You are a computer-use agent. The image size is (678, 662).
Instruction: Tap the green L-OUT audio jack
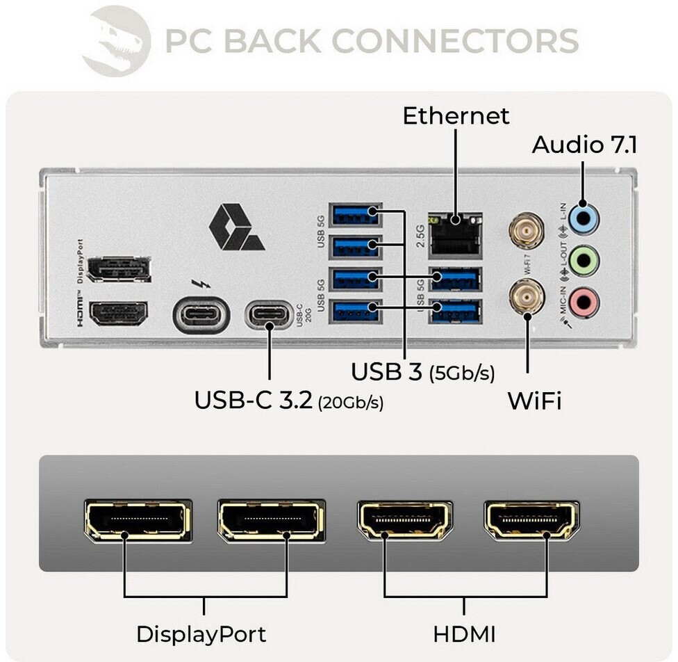(583, 261)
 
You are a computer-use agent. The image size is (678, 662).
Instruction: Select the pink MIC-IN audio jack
(583, 302)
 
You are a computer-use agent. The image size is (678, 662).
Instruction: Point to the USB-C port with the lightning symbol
(201, 314)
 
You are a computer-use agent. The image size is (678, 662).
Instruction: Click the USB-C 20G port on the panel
(269, 314)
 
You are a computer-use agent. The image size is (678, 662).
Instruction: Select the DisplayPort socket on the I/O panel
(119, 269)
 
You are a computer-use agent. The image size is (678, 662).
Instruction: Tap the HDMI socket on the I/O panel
(119, 314)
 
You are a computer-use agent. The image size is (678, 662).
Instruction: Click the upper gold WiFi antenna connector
(527, 230)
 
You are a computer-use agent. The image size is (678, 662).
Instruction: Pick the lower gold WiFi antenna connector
(527, 298)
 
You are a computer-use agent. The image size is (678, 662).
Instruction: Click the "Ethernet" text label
(456, 115)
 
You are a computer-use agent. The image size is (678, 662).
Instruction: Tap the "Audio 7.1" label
(584, 145)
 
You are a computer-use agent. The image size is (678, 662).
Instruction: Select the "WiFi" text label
(534, 401)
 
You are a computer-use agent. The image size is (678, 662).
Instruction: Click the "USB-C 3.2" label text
(254, 401)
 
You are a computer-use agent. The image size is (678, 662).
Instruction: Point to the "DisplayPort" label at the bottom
(201, 634)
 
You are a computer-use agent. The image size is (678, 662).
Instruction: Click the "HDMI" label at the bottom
(464, 634)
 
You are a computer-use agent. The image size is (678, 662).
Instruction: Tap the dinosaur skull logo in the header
(116, 40)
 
